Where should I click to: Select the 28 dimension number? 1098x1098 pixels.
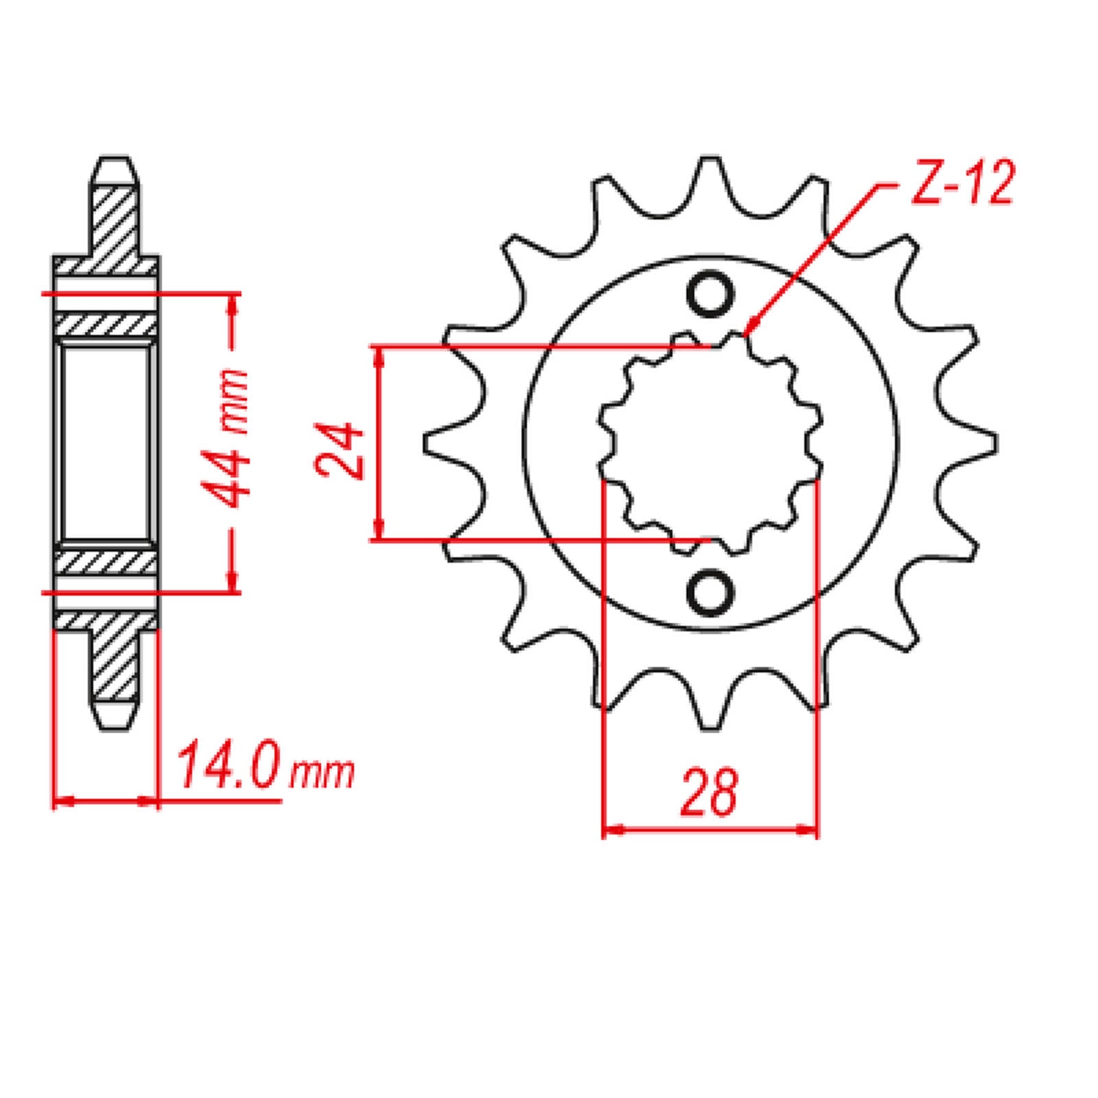(709, 793)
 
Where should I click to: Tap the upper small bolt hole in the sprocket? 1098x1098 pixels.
(710, 294)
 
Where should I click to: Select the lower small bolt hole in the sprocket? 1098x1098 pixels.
(710, 592)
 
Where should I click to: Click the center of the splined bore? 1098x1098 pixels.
(710, 443)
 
